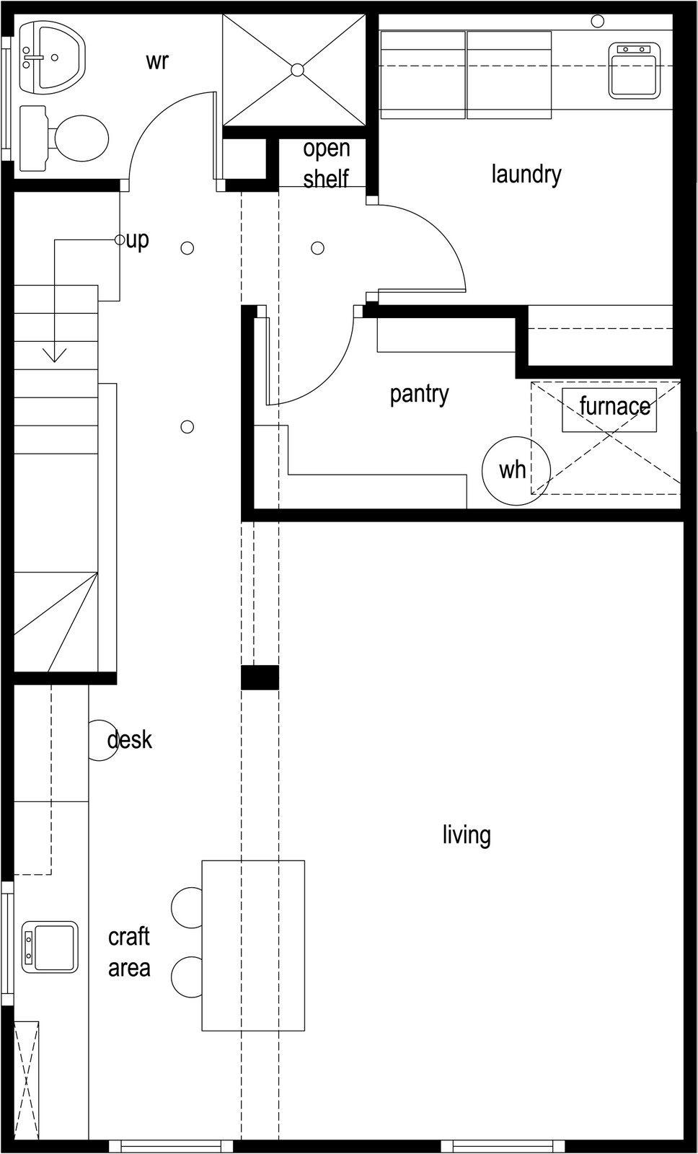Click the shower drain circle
point(297,69)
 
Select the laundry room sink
point(634,71)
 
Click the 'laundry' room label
point(526,174)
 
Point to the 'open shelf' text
point(326,163)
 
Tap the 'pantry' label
point(419,394)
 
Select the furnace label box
point(609,410)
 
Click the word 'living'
point(467,834)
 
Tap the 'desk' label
point(130,740)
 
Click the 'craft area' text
point(129,952)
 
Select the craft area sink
point(50,946)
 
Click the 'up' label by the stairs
point(137,239)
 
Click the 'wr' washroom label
point(156,61)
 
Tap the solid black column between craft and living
point(260,677)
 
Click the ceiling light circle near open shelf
point(317,248)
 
